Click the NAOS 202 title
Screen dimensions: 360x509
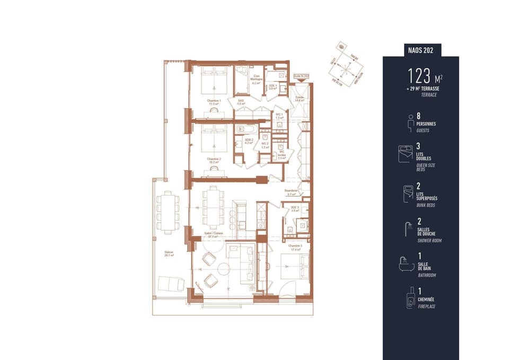pos(421,50)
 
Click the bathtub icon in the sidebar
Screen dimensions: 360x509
pos(406,264)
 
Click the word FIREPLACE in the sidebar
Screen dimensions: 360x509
pos(426,306)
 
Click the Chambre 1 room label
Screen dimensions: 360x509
pos(214,102)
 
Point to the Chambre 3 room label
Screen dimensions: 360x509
pos(295,247)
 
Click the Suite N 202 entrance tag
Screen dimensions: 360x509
pos(301,76)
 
